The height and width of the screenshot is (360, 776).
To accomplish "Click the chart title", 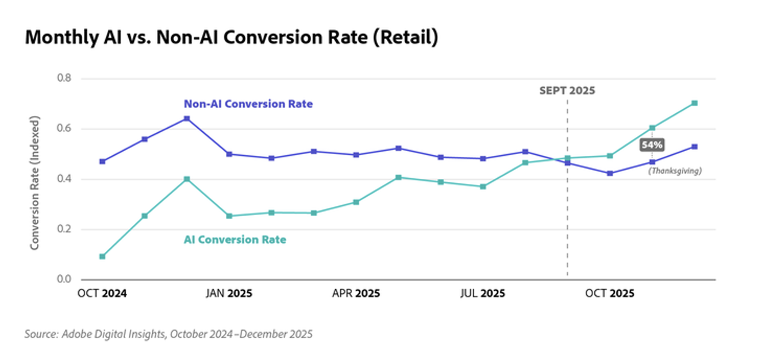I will tap(231, 37).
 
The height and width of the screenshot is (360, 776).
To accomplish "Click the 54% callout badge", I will tap(652, 145).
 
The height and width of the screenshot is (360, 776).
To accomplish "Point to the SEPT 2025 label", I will tap(567, 91).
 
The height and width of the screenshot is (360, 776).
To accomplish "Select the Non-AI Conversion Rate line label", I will tap(248, 104).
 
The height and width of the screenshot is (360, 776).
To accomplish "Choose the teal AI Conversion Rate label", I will tap(235, 240).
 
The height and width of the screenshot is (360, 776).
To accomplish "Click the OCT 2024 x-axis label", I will tap(102, 293).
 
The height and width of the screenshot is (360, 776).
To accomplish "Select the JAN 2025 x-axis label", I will tap(229, 293).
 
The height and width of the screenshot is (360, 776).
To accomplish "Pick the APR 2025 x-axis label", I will tap(356, 293).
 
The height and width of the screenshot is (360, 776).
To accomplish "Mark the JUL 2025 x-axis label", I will tap(483, 293).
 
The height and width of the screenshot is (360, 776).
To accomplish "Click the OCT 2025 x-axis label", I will tap(609, 293).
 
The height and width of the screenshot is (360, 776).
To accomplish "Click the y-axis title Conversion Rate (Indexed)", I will tap(35, 183).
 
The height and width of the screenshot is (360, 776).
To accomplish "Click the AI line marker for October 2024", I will tap(102, 256).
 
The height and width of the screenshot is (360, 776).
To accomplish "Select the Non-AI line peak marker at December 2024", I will tap(187, 118).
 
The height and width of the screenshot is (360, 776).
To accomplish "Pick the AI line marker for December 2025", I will tap(694, 104).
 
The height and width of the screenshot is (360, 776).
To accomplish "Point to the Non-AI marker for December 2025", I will tap(694, 147).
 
